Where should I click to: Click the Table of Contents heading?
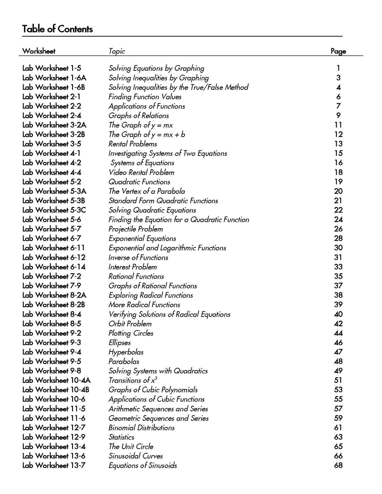tap(57, 29)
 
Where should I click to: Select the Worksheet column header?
tap(39, 51)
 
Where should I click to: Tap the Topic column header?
tap(117, 51)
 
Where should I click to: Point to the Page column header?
tap(338, 51)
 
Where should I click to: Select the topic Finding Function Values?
tap(145, 97)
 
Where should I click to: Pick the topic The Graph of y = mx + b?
tap(147, 135)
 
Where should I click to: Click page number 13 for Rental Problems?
tap(338, 144)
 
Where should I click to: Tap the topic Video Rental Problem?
tap(141, 172)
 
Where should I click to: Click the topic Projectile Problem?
tap(136, 229)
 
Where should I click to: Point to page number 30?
tap(338, 248)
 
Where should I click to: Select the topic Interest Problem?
tap(132, 267)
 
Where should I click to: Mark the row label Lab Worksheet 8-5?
tap(52, 324)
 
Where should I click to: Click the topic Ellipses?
tap(120, 343)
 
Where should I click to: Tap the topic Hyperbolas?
tap(126, 352)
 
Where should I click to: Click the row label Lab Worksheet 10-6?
tap(54, 399)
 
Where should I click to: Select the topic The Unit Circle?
tap(131, 447)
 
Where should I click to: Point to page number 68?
tap(338, 466)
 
